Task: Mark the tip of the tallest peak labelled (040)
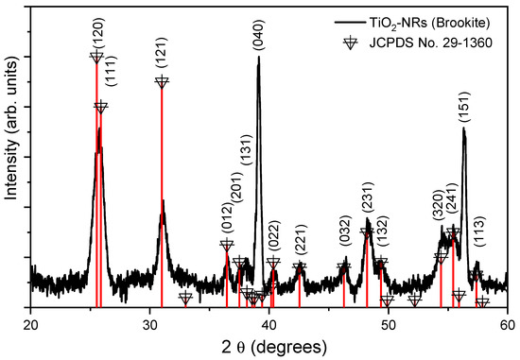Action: tap(258, 58)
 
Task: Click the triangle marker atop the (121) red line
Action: tap(162, 82)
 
